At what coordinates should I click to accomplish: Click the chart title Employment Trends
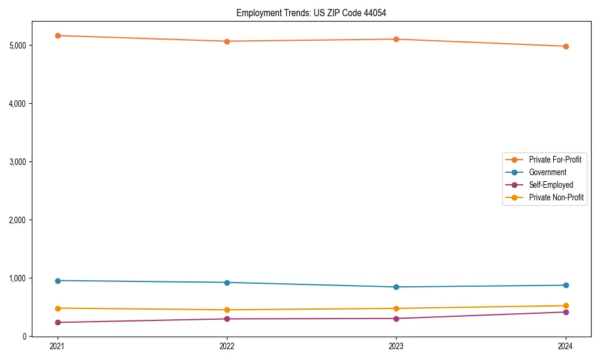point(316,13)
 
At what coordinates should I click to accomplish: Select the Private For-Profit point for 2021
point(58,35)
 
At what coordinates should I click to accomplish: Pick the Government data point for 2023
point(397,287)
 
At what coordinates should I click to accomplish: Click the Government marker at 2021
point(58,281)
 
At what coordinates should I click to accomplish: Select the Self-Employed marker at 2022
point(227,319)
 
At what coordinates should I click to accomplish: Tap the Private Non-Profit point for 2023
point(397,308)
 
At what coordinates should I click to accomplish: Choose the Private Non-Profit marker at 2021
point(58,308)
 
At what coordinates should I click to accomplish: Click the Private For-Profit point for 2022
point(227,41)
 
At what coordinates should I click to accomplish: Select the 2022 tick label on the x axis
point(227,346)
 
